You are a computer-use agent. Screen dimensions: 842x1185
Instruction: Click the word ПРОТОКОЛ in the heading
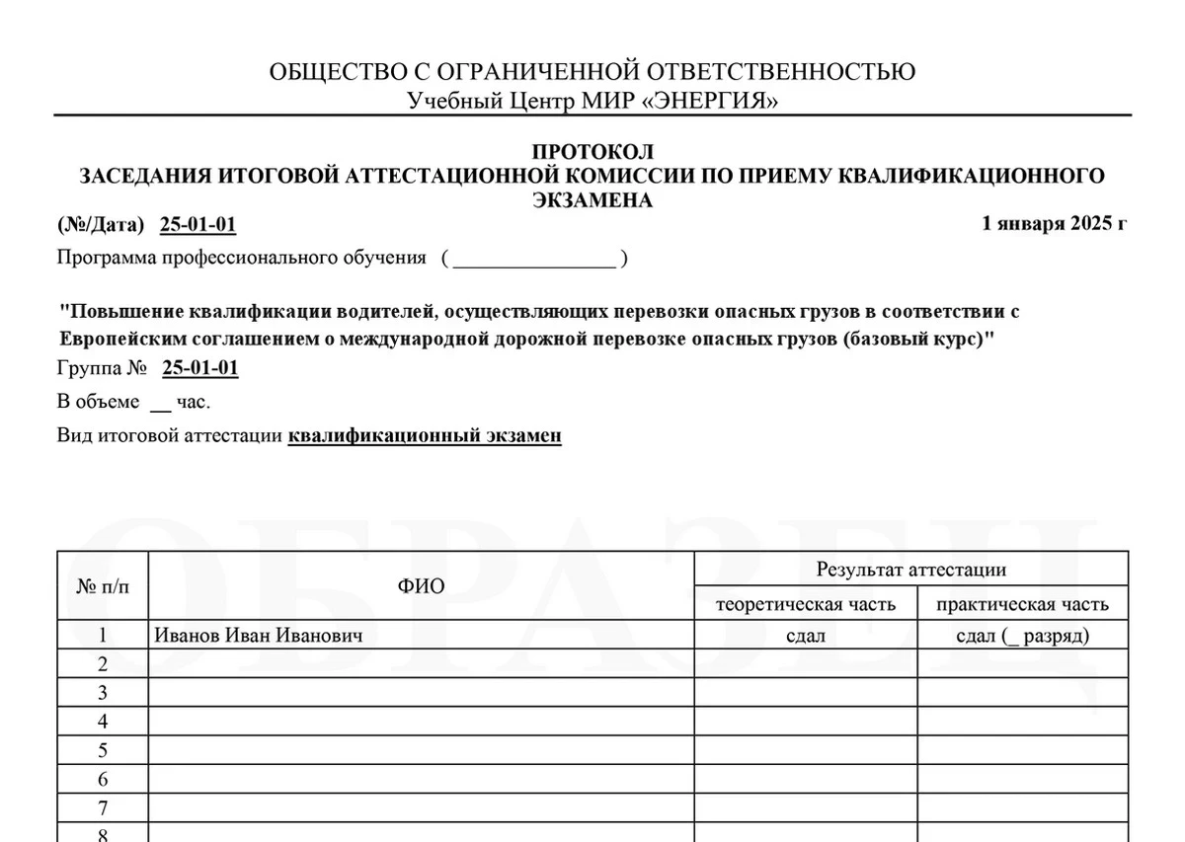tap(592, 152)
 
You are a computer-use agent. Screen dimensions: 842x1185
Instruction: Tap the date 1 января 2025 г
tap(1054, 223)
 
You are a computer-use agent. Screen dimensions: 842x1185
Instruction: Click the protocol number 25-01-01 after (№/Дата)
tap(197, 225)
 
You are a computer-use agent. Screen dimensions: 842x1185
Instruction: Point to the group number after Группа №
tap(199, 369)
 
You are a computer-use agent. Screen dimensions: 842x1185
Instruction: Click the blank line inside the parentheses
tap(534, 261)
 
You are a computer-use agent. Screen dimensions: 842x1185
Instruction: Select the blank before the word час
tap(160, 404)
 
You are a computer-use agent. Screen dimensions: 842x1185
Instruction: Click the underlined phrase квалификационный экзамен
tap(425, 435)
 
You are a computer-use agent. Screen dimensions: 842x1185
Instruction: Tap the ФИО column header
tap(421, 586)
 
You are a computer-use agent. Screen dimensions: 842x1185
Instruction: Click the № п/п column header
tap(103, 586)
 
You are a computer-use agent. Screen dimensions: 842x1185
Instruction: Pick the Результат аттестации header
tap(910, 570)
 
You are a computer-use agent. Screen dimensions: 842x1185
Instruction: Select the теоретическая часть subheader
tap(805, 604)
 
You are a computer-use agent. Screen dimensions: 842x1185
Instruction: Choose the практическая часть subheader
tap(1022, 604)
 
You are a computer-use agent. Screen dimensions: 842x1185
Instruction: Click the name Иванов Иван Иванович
tap(259, 636)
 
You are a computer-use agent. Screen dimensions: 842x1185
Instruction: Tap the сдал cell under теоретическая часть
tap(805, 636)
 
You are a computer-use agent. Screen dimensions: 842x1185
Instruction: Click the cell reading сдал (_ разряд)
tap(1022, 636)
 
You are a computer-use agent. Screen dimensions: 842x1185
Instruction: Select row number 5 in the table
tap(103, 751)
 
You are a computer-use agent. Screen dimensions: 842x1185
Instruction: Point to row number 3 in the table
tap(103, 693)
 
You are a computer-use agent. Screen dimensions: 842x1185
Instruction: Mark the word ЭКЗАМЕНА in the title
tap(592, 200)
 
